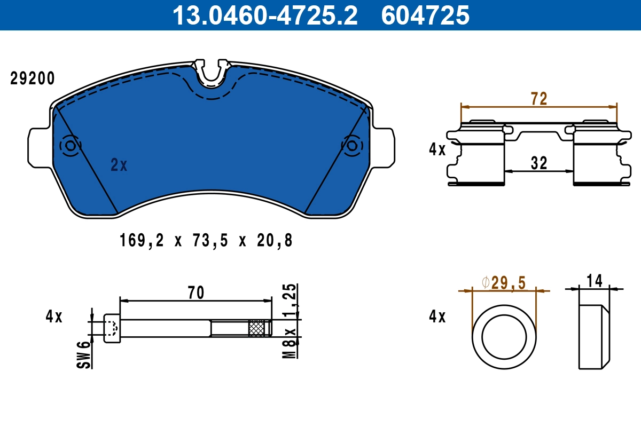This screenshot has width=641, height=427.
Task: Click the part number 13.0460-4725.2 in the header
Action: [x=264, y=15]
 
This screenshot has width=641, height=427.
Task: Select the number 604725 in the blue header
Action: [x=425, y=15]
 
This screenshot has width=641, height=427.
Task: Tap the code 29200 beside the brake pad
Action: [x=33, y=78]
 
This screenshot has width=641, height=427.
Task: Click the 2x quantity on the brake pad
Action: [x=119, y=165]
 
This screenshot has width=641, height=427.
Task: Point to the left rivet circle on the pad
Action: [x=71, y=145]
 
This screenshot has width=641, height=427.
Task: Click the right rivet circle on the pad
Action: [x=352, y=146]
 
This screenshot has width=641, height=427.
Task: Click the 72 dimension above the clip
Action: [x=538, y=99]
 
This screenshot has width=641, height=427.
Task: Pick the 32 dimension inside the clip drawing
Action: [x=539, y=163]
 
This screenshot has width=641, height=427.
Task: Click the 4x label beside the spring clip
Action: [x=437, y=149]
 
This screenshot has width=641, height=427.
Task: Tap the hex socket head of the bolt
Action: [x=111, y=327]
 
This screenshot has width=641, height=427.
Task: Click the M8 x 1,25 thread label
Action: [x=290, y=320]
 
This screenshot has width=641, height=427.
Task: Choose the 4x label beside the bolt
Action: [x=53, y=317]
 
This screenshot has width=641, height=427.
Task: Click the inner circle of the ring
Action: [x=504, y=336]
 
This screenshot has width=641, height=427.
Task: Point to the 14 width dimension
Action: [x=594, y=280]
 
